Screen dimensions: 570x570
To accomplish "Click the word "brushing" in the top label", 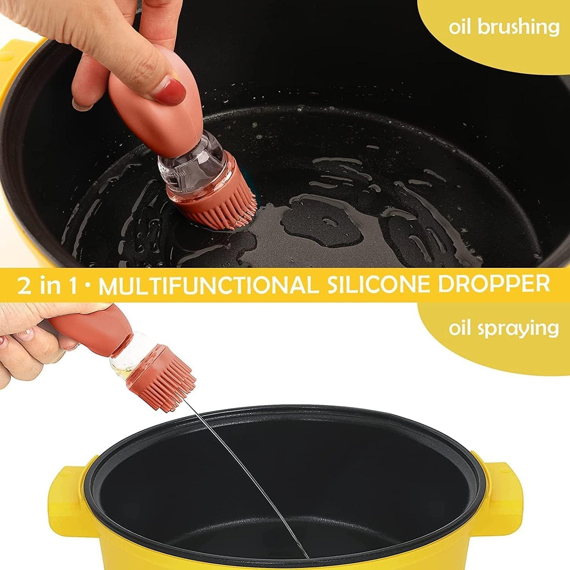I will coord(518,28).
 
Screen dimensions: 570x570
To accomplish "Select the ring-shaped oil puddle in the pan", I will coord(323,221).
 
